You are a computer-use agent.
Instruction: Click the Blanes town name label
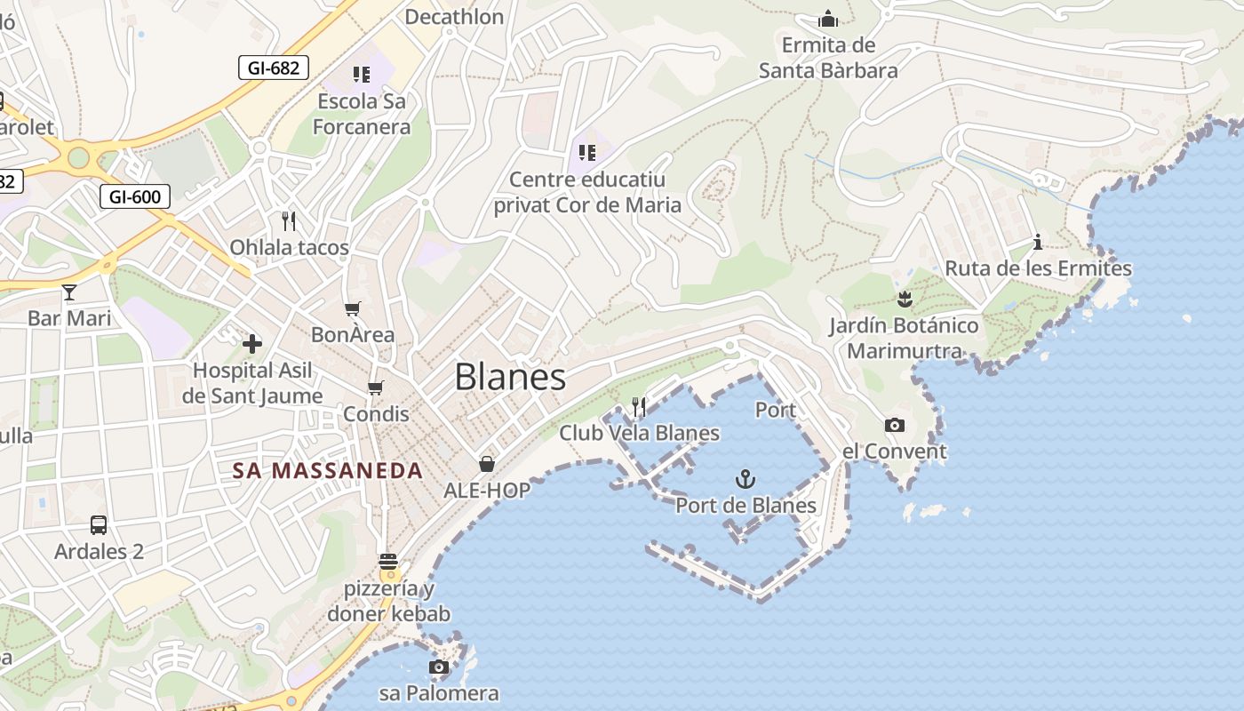pyautogui.click(x=510, y=377)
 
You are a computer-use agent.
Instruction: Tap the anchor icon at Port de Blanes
pyautogui.click(x=746, y=480)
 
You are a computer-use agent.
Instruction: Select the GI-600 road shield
pyautogui.click(x=135, y=196)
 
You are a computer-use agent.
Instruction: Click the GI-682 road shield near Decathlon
pyautogui.click(x=273, y=67)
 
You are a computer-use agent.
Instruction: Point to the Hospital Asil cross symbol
pyautogui.click(x=252, y=343)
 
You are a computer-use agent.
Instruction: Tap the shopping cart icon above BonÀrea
pyautogui.click(x=353, y=309)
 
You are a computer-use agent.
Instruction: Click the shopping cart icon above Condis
pyautogui.click(x=376, y=387)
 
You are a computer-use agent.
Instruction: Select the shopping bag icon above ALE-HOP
pyautogui.click(x=487, y=463)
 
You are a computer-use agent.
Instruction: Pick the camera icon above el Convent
pyautogui.click(x=895, y=426)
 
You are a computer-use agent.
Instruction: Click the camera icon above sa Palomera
pyautogui.click(x=439, y=667)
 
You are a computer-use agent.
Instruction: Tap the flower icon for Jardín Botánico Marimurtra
pyautogui.click(x=905, y=299)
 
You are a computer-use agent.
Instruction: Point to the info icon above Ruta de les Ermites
pyautogui.click(x=1037, y=242)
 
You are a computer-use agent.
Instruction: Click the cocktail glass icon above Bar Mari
pyautogui.click(x=69, y=292)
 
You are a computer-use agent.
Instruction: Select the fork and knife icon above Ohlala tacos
pyautogui.click(x=289, y=220)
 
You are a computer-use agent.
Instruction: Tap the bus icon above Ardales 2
pyautogui.click(x=99, y=525)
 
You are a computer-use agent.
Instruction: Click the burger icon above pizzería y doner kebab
pyautogui.click(x=388, y=562)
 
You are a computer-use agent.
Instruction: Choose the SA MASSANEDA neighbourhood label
pyautogui.click(x=328, y=471)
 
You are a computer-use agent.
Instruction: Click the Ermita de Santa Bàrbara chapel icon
pyautogui.click(x=828, y=19)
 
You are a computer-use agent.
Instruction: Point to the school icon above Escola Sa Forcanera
pyautogui.click(x=361, y=75)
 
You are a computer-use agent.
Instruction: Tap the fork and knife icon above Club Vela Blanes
pyautogui.click(x=639, y=407)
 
